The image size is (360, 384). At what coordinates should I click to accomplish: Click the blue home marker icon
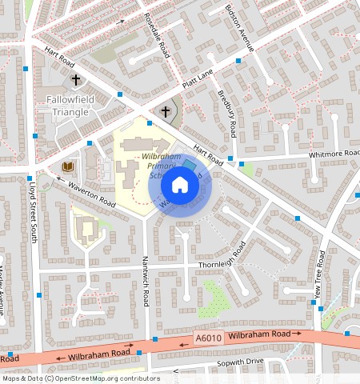click(x=180, y=186)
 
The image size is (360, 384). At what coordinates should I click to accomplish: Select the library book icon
click(x=66, y=166)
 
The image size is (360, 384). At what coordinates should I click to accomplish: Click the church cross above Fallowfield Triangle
click(x=76, y=80)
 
